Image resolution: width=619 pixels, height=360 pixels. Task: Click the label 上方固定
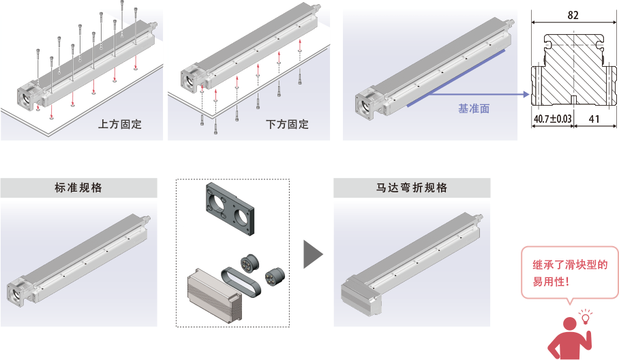tap(121, 125)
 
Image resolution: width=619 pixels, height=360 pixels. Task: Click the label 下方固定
tap(287, 125)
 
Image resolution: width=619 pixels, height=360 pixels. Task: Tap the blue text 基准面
tap(473, 108)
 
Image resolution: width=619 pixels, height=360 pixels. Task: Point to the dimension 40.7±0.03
tap(552, 119)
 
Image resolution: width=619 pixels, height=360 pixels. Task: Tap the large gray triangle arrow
tap(312, 253)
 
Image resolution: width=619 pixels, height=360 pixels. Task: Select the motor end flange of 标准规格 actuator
tap(18, 292)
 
